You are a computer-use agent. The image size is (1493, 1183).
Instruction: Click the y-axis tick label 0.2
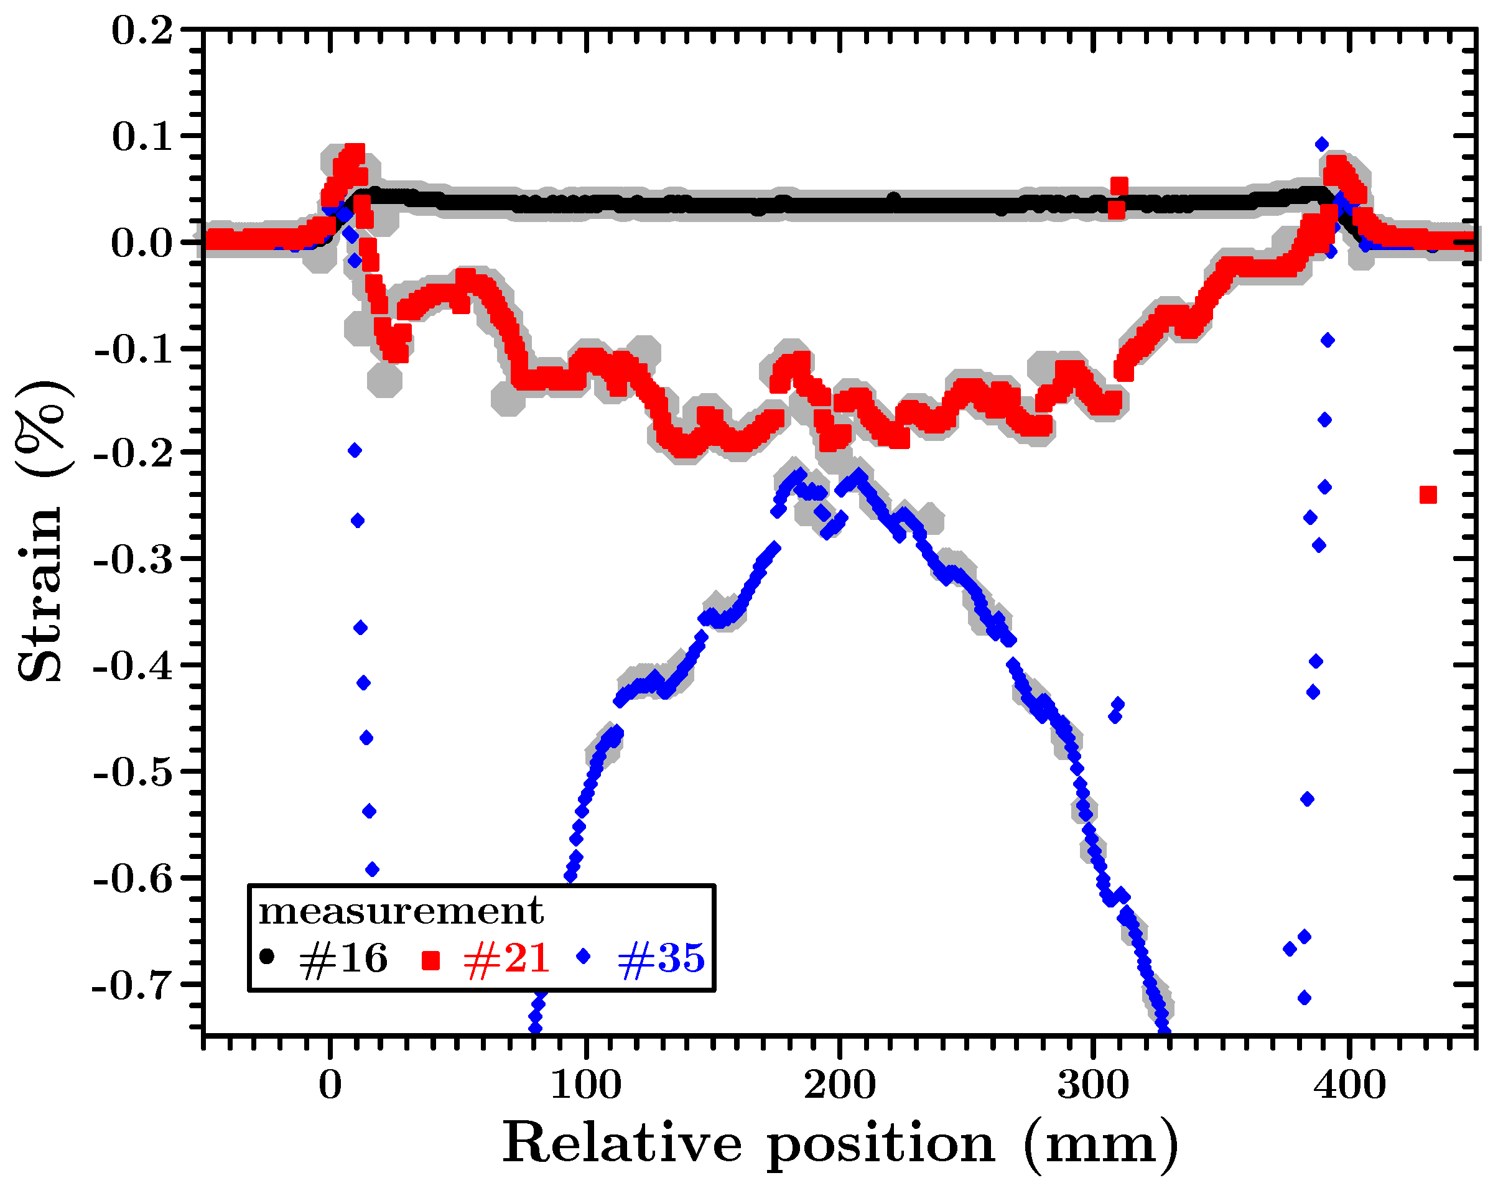tap(142, 31)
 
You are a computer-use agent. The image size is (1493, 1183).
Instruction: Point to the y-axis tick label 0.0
tap(142, 244)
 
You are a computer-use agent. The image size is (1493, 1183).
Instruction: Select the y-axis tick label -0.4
tap(133, 667)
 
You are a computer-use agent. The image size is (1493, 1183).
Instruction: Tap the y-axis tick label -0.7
tap(133, 985)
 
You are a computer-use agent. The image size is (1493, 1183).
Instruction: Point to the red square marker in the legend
tap(430, 960)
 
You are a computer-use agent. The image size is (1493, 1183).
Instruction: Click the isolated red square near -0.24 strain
tap(1428, 494)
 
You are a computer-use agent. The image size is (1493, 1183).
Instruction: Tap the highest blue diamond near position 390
tap(1321, 144)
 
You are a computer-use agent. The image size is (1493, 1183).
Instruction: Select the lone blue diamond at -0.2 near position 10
tap(355, 450)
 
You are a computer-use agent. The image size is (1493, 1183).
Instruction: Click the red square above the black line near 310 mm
tap(1119, 185)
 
